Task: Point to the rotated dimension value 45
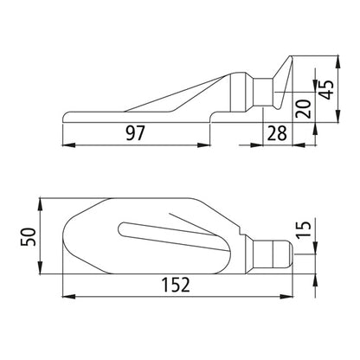[326, 90]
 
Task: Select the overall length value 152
[177, 284]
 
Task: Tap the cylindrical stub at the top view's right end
[275, 254]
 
